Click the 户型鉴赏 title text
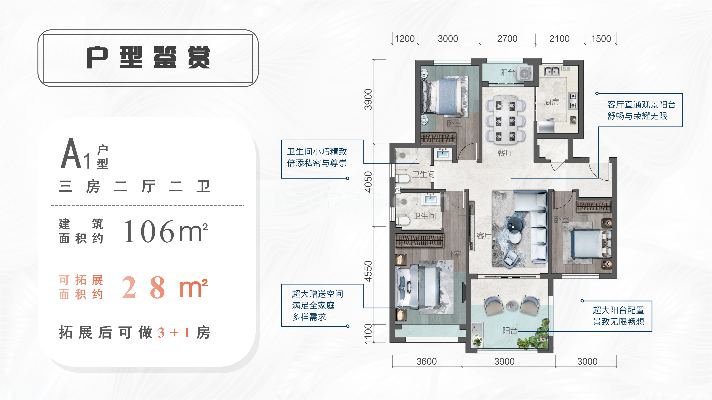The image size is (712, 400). tap(148, 57)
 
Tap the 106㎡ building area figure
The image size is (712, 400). tap(165, 231)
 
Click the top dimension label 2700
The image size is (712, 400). tap(507, 39)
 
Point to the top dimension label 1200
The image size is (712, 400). tap(405, 39)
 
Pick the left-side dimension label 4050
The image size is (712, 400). tap(368, 182)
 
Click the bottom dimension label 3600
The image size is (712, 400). tap(426, 361)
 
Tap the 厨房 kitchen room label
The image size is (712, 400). tap(551, 102)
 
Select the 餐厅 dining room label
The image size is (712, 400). tap(505, 153)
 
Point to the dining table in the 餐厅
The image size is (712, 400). tap(505, 120)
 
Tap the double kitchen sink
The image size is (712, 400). tap(552, 71)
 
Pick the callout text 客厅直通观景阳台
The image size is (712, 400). tap(641, 105)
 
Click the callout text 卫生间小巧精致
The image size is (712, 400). tap(317, 151)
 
